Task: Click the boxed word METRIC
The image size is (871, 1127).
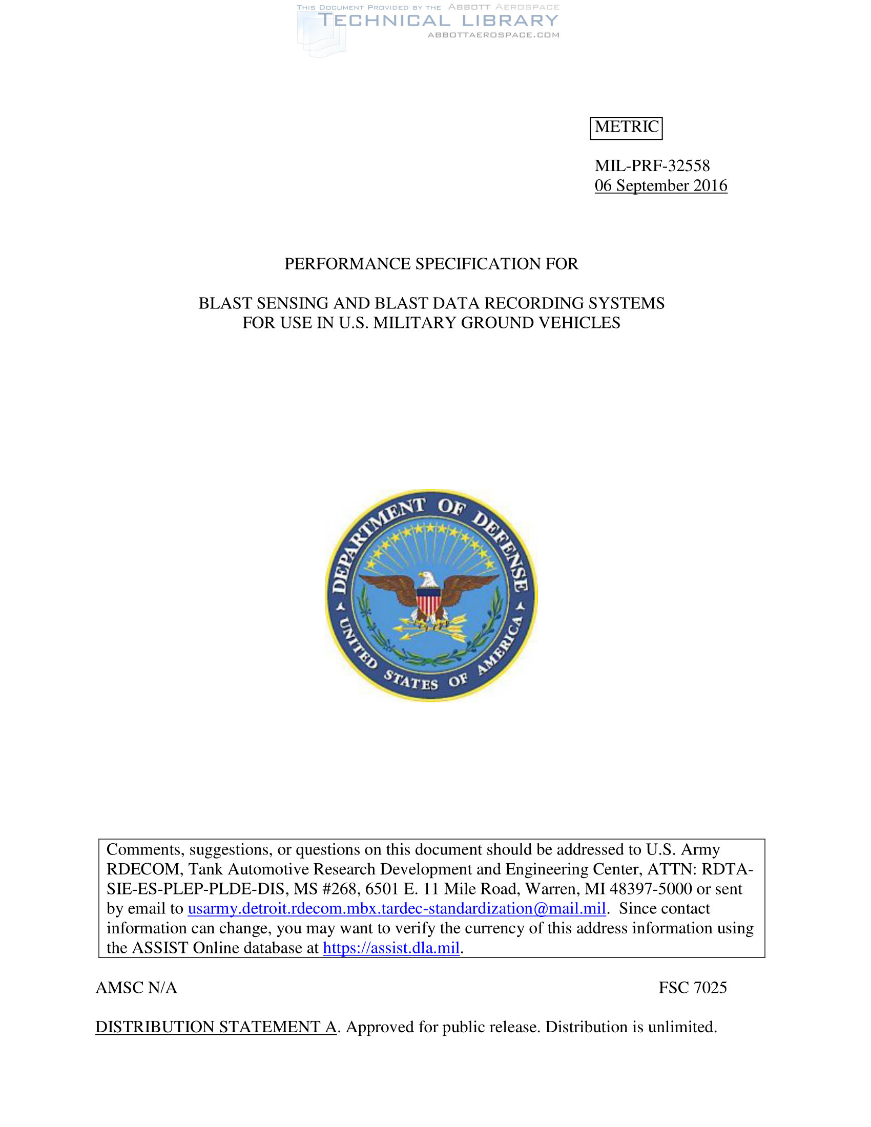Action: pyautogui.click(x=626, y=127)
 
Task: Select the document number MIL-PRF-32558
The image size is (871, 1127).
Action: pyautogui.click(x=652, y=165)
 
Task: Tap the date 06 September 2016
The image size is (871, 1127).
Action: pyautogui.click(x=660, y=185)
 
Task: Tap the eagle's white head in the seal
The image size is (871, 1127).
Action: pyautogui.click(x=428, y=579)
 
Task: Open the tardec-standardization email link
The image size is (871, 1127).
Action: pyautogui.click(x=396, y=908)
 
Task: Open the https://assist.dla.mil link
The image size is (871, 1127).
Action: pyautogui.click(x=391, y=947)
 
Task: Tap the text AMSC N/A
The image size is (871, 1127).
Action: pyautogui.click(x=136, y=987)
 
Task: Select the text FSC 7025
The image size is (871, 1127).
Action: pyautogui.click(x=693, y=987)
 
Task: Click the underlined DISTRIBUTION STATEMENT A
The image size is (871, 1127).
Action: pyautogui.click(x=216, y=1027)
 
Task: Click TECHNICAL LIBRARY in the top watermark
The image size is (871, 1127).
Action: pyautogui.click(x=438, y=20)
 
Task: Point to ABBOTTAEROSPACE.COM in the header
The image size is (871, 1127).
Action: pyautogui.click(x=493, y=35)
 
